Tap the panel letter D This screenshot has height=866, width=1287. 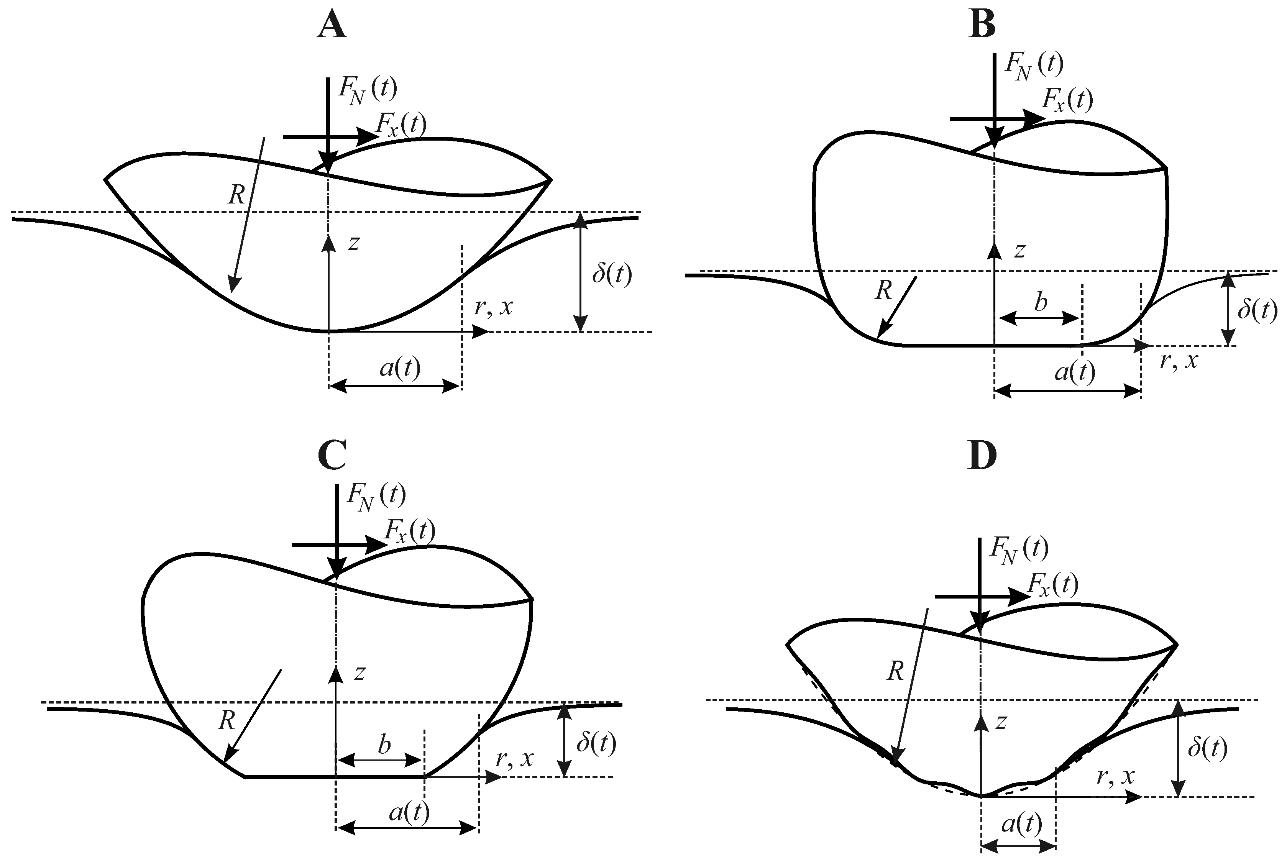pos(982,456)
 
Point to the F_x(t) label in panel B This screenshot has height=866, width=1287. pos(1067,100)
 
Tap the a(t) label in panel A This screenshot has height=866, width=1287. pos(400,368)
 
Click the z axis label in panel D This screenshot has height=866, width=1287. pos(1000,722)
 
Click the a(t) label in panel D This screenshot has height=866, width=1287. pos(1021,825)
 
